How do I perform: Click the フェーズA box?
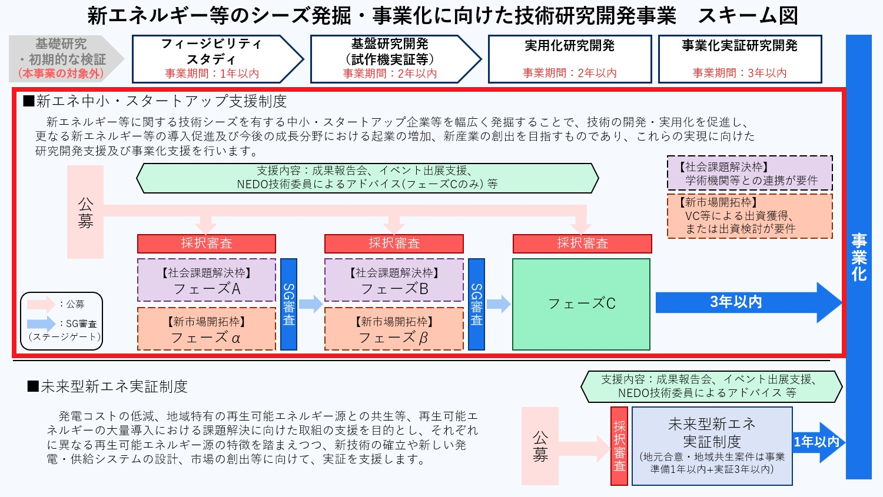pyautogui.click(x=207, y=281)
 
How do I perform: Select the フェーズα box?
pyautogui.click(x=207, y=329)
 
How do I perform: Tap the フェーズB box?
pyautogui.click(x=394, y=281)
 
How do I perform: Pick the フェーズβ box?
pyautogui.click(x=394, y=329)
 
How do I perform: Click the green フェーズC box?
pyautogui.click(x=581, y=304)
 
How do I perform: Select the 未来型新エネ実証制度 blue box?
pyautogui.click(x=712, y=446)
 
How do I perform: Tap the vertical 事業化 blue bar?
pyautogui.click(x=858, y=257)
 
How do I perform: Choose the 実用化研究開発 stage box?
pyautogui.click(x=569, y=59)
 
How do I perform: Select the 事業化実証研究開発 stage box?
pyautogui.click(x=739, y=59)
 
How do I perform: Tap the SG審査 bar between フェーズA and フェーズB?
pyautogui.click(x=288, y=304)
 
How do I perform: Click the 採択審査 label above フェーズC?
pyautogui.click(x=582, y=244)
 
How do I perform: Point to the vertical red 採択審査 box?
pyautogui.click(x=619, y=446)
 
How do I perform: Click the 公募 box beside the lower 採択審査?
pyautogui.click(x=540, y=446)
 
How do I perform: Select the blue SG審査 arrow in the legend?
pyautogui.click(x=41, y=323)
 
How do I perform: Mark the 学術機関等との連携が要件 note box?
pyautogui.click(x=750, y=174)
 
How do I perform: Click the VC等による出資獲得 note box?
pyautogui.click(x=750, y=216)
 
